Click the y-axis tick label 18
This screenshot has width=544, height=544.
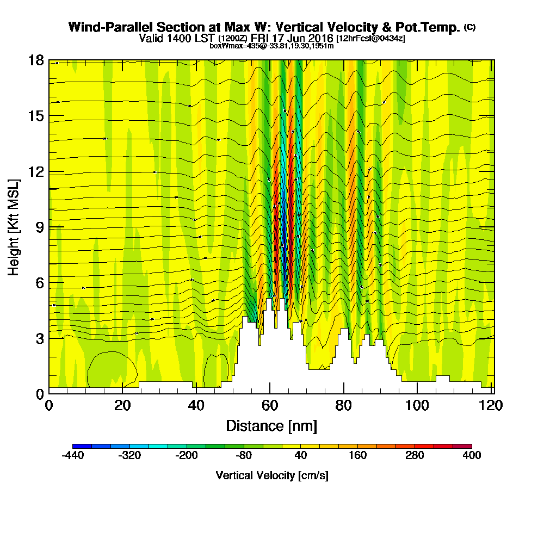pyautogui.click(x=36, y=60)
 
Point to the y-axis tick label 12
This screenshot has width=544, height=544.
pyautogui.click(x=36, y=171)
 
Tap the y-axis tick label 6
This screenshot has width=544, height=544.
pyautogui.click(x=39, y=282)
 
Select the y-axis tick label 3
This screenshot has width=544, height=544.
pyautogui.click(x=39, y=338)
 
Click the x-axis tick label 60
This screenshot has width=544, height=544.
pyautogui.click(x=270, y=406)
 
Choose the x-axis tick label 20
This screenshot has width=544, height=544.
pyautogui.click(x=123, y=406)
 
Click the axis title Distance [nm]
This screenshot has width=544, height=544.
pyautogui.click(x=271, y=425)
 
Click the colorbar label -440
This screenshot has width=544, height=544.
pyautogui.click(x=72, y=456)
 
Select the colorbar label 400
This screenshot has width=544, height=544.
pyautogui.click(x=472, y=456)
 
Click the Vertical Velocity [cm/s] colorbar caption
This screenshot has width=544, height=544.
pyautogui.click(x=272, y=475)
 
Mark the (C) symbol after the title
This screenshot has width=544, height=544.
pyautogui.click(x=469, y=27)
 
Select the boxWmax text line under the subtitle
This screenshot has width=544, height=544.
pyautogui.click(x=271, y=46)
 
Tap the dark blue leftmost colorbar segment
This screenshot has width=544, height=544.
pyautogui.click(x=82, y=446)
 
